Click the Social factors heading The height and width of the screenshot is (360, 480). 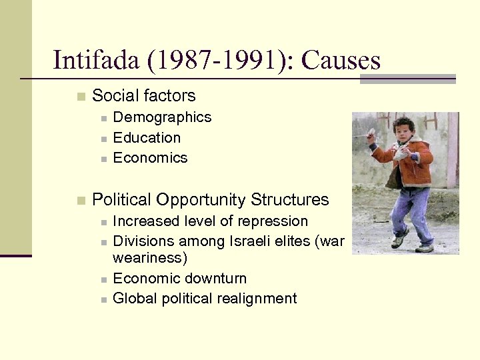(144, 96)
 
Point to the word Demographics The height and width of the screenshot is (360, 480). (162, 117)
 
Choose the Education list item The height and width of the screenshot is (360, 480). (147, 138)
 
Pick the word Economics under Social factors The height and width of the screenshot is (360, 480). (150, 158)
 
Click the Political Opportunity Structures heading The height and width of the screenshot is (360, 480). (211, 199)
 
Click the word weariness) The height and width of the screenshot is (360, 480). (149, 257)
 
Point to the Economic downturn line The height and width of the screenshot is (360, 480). (179, 278)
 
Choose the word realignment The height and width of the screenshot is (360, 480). (259, 299)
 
